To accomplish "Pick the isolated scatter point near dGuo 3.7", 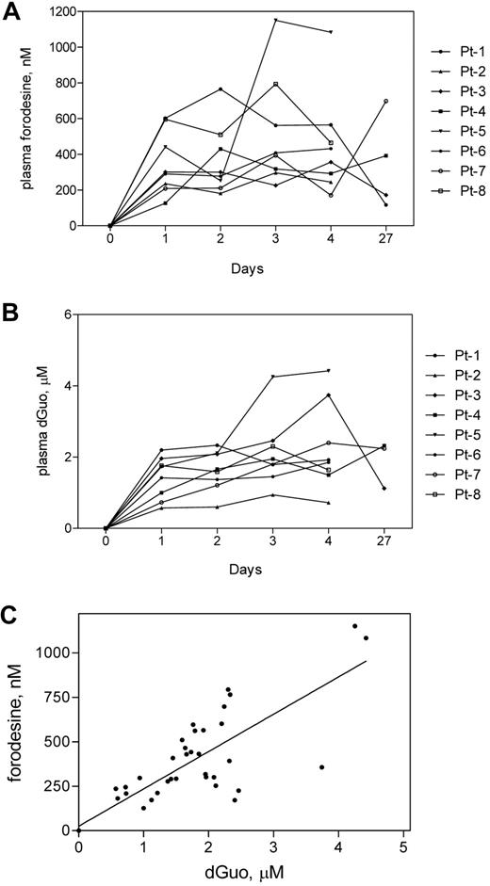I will pos(321,767).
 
